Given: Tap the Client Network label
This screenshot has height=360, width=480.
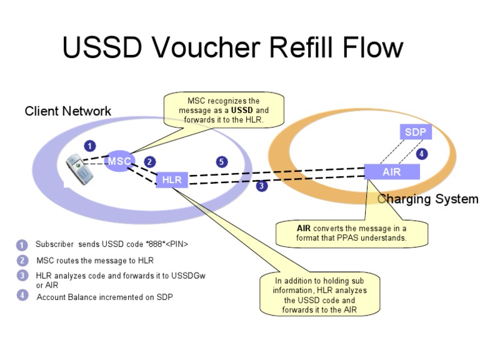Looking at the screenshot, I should pyautogui.click(x=68, y=111).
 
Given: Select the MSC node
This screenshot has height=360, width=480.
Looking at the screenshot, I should pyautogui.click(x=119, y=161).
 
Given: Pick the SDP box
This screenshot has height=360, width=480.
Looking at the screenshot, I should pyautogui.click(x=415, y=132).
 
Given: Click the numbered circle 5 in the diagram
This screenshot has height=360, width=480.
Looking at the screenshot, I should pyautogui.click(x=221, y=162).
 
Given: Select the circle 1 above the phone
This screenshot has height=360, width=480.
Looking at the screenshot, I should pyautogui.click(x=90, y=146).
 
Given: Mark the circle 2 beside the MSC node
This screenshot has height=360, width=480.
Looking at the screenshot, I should pyautogui.click(x=149, y=162).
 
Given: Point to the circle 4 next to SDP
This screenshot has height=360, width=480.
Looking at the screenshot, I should pyautogui.click(x=422, y=153).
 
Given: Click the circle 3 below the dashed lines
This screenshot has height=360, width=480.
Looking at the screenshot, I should pyautogui.click(x=262, y=186).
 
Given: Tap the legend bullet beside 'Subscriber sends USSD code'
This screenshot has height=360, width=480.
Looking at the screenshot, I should pyautogui.click(x=22, y=244).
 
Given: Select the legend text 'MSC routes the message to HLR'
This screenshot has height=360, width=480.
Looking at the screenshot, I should pyautogui.click(x=95, y=261).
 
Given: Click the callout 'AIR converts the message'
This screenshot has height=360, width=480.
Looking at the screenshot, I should pyautogui.click(x=352, y=233).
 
